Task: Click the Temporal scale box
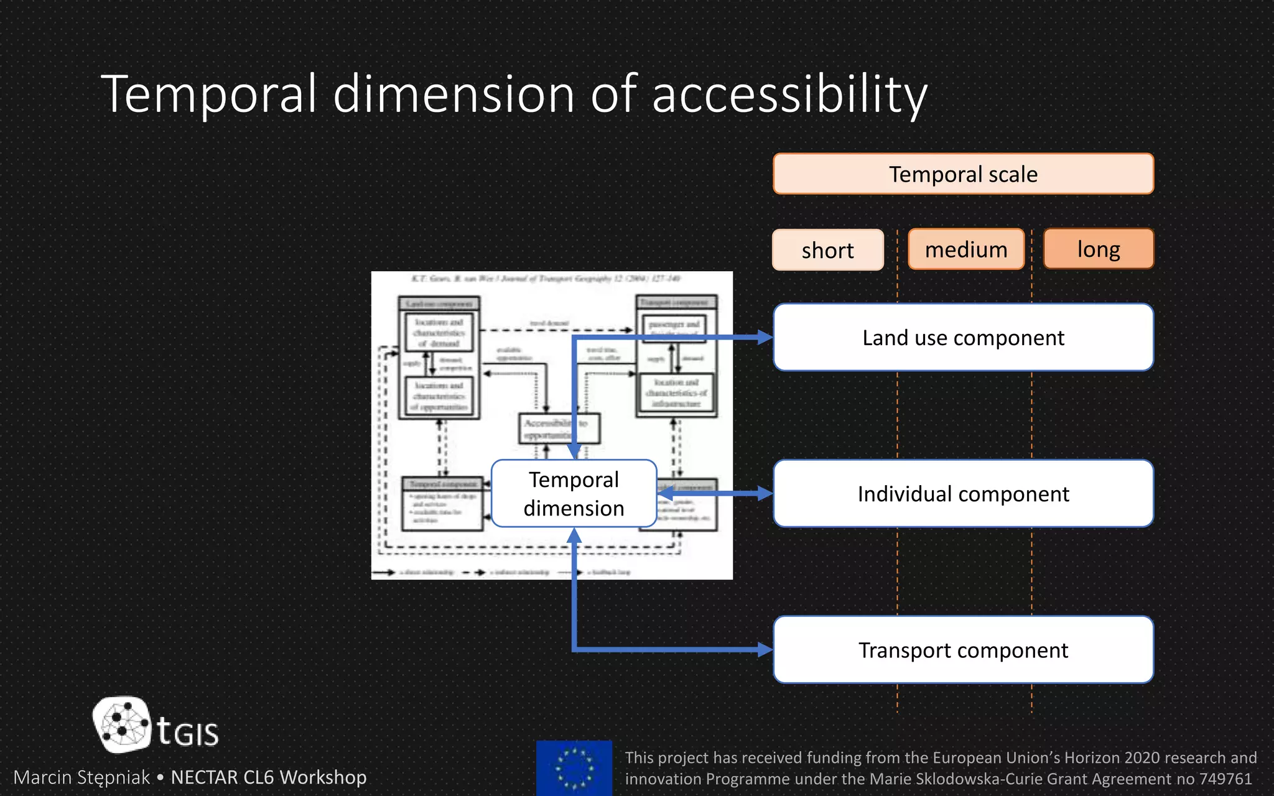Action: tap(963, 174)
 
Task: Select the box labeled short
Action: tap(827, 250)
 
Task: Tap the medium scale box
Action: tap(965, 249)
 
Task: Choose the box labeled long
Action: tap(1099, 249)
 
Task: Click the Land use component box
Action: tap(963, 338)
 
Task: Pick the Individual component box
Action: tap(963, 494)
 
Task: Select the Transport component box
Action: tap(963, 650)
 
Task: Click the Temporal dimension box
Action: tap(574, 494)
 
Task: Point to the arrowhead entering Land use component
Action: tap(765, 338)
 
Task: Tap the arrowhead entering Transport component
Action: tap(765, 650)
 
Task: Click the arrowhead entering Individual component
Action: tap(765, 494)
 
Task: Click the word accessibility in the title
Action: tap(789, 95)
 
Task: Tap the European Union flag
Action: tap(574, 768)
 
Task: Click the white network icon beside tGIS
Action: tap(122, 724)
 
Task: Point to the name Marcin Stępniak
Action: tap(81, 777)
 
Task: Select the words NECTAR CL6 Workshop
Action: tap(269, 777)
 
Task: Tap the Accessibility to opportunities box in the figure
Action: tap(559, 428)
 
